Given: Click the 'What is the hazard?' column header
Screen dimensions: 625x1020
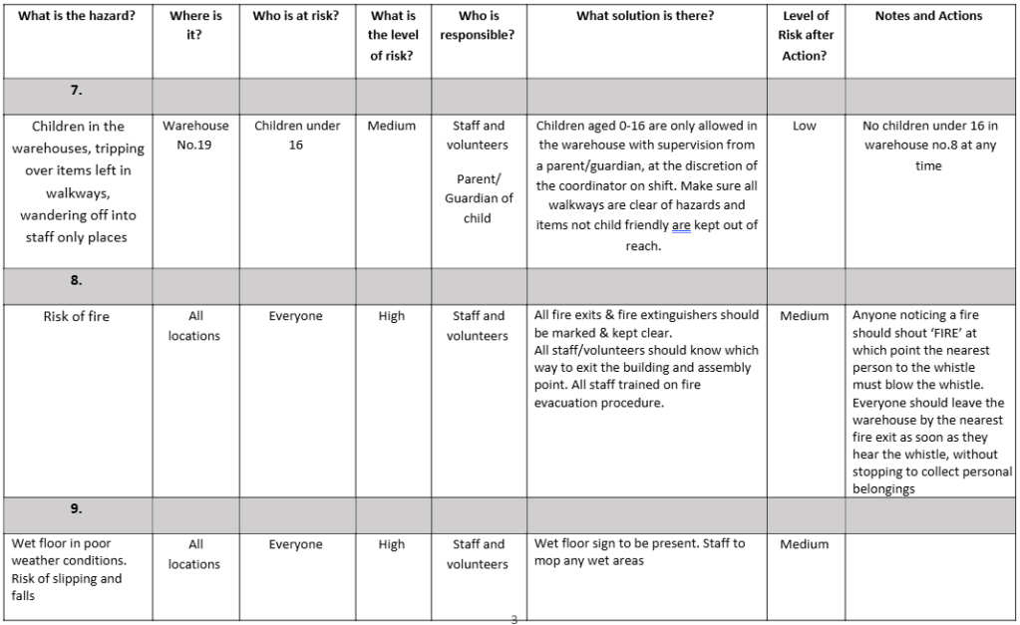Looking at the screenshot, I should point(76,16).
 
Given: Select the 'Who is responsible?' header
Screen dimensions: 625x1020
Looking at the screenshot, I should point(478,26).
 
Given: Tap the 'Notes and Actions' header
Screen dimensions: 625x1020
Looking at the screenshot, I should point(927,16).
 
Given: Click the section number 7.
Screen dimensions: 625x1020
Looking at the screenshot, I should point(76,90).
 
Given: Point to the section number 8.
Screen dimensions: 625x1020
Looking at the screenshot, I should point(76,280).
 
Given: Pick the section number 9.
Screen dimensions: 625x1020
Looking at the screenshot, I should point(76,508).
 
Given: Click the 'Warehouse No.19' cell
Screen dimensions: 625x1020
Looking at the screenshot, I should point(195,136).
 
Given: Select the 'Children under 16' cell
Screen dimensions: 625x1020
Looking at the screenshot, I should point(296,136).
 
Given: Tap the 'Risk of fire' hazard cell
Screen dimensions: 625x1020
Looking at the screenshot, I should point(76,316).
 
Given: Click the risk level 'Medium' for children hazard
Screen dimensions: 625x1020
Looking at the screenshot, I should point(392,126).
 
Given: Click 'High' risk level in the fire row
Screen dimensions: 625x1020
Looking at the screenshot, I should point(392,316).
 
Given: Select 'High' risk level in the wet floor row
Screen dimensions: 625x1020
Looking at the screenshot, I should point(392,544).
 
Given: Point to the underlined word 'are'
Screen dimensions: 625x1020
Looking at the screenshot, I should point(681,225).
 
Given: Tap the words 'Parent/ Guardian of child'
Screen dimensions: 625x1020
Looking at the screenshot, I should point(478,198).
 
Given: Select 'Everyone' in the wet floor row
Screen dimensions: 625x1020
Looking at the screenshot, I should point(296,544).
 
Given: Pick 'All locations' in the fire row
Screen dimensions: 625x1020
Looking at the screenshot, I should point(195,326).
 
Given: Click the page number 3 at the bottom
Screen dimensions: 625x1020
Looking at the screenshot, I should point(514,619).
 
